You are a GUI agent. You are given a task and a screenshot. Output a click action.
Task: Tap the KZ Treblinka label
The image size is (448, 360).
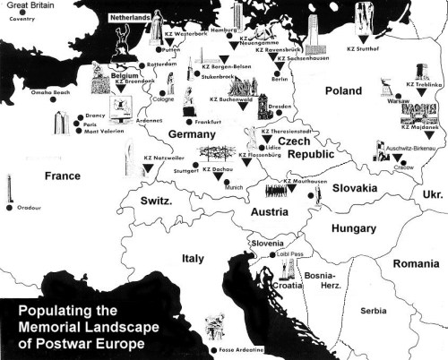[x=424, y=85]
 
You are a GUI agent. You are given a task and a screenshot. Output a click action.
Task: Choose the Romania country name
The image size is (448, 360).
[x=417, y=264]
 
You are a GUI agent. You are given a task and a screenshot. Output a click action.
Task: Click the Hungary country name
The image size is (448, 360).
[x=353, y=228]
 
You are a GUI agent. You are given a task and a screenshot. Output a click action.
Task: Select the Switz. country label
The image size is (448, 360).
[x=157, y=203]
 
